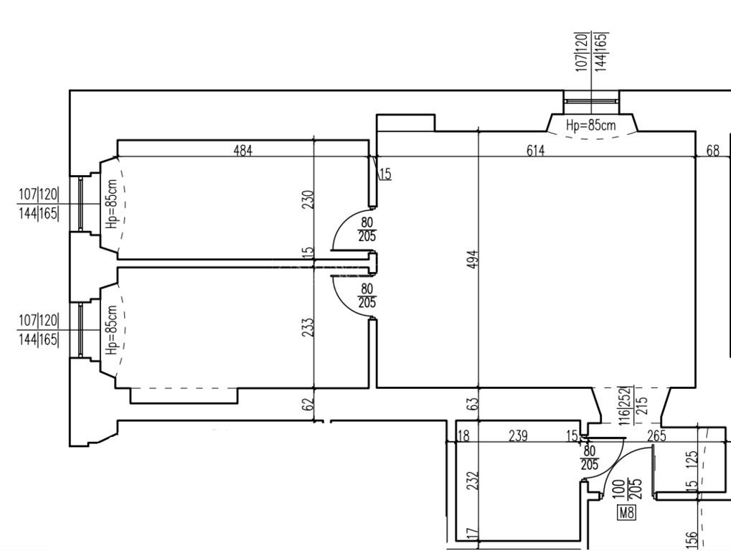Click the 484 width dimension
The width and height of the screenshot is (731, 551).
(x=243, y=151)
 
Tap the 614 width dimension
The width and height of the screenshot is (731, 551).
(x=535, y=151)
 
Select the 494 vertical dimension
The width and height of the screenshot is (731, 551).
(x=473, y=260)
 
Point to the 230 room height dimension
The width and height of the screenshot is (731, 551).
(x=308, y=199)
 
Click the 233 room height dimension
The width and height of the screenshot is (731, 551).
(x=308, y=327)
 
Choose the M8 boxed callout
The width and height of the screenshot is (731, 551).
(x=626, y=513)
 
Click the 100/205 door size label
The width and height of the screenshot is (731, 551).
(x=626, y=489)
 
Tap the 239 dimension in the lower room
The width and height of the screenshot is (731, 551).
(x=518, y=436)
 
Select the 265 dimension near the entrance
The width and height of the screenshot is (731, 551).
(x=656, y=436)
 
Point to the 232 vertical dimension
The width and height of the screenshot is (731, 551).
(x=473, y=481)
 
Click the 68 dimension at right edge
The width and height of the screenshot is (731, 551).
(x=713, y=151)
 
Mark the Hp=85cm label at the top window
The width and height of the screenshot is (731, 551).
(x=590, y=125)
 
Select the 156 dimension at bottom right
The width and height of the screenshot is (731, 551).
(x=692, y=540)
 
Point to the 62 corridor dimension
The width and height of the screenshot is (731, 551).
(x=308, y=404)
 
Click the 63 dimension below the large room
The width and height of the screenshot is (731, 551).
(x=473, y=404)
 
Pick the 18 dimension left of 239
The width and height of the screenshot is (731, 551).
(x=464, y=436)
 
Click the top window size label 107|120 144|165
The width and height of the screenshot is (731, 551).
(x=592, y=52)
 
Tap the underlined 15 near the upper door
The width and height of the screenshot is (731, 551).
(x=385, y=174)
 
